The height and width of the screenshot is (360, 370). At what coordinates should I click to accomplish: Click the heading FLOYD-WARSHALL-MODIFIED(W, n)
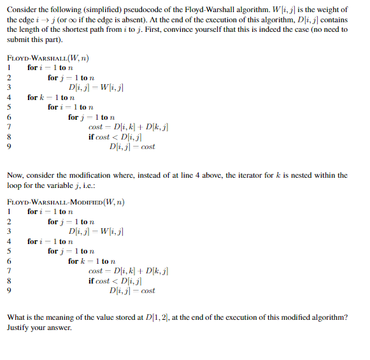[x=66, y=202]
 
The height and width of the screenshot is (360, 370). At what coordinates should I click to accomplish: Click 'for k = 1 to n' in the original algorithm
[x=50, y=97]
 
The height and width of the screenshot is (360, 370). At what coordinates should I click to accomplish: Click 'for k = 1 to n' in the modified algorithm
[x=91, y=261]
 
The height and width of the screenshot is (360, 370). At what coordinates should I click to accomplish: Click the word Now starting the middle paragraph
[x=15, y=175]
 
